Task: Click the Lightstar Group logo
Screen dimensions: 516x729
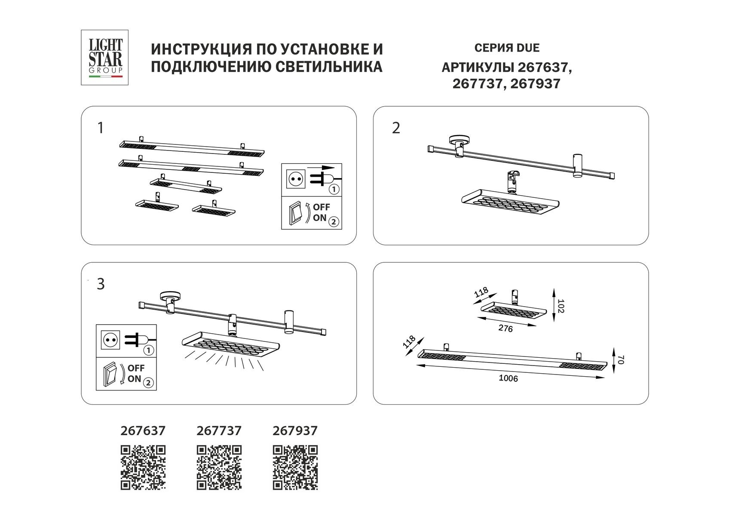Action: tap(105, 57)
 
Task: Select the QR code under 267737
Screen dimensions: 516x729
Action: tap(219, 467)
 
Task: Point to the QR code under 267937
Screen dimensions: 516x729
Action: tap(295, 467)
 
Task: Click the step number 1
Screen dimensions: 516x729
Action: tap(101, 128)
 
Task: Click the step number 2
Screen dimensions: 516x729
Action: tap(396, 128)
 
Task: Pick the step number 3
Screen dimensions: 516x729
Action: tap(101, 284)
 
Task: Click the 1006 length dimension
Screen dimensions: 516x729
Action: tap(508, 379)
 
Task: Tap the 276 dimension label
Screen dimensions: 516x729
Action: tap(505, 329)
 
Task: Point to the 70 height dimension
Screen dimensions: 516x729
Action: tap(620, 360)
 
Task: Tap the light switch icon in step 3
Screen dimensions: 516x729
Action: tap(110, 374)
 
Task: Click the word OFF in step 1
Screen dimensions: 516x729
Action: tap(321, 207)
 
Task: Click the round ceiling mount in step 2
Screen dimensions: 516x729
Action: tap(459, 140)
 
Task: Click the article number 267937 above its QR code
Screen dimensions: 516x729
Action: tap(295, 430)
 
